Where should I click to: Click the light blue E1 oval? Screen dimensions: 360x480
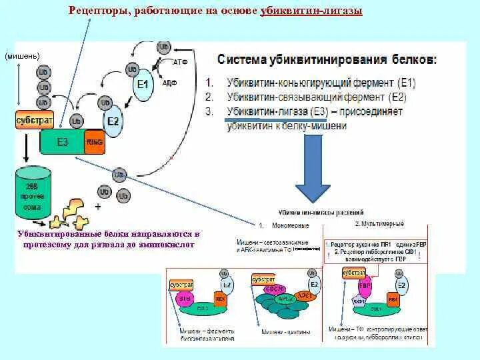click(143, 84)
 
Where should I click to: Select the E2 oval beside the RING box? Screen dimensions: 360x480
click(113, 121)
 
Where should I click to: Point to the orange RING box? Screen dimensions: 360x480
click(94, 141)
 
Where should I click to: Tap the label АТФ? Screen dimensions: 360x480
click(179, 61)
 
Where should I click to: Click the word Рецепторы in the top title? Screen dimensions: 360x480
click(101, 13)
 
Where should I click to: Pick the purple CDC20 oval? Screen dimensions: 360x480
click(275, 288)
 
